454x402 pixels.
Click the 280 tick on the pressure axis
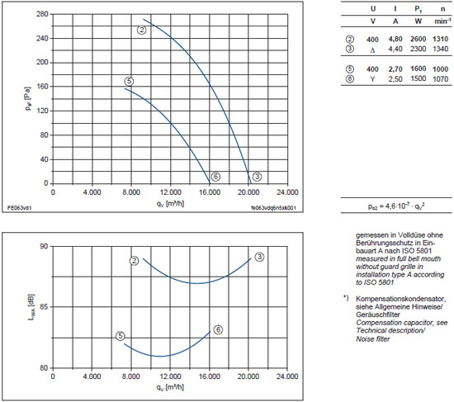click(42, 14)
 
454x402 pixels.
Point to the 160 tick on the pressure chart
click(42, 87)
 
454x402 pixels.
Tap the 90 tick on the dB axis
click(44, 246)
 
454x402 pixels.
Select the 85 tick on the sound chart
click(44, 307)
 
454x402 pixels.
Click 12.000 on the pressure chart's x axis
click(170, 192)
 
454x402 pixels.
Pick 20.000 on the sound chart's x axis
click(248, 376)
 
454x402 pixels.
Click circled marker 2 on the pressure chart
click(142, 30)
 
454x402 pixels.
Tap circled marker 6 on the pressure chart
click(215, 177)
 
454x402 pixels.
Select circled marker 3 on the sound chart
click(259, 257)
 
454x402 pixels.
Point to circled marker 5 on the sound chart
click(121, 336)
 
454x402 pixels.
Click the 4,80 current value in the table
click(395, 39)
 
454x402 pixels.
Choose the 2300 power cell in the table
click(419, 49)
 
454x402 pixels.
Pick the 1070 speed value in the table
click(441, 78)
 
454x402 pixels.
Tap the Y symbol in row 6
click(372, 78)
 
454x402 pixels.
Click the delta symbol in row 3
click(372, 50)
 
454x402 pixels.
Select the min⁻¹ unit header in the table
click(442, 21)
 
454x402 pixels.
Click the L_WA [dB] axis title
click(31, 307)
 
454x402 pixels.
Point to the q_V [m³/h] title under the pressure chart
click(170, 204)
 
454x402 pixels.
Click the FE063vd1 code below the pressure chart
click(20, 208)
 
